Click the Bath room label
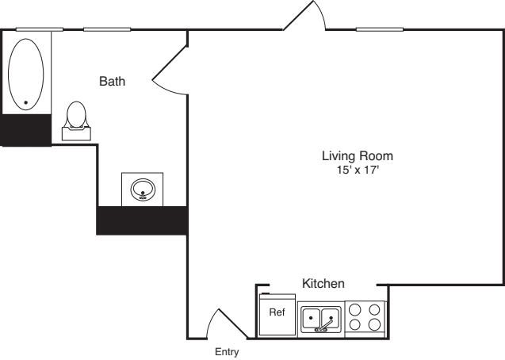point(113,81)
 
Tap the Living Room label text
point(357,155)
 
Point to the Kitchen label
point(323,283)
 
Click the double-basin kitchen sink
point(320,319)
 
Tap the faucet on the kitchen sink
point(323,326)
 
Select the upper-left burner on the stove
point(355,311)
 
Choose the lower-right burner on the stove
point(373,325)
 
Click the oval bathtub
point(25,73)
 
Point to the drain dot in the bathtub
point(26,102)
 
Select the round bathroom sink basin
point(142,190)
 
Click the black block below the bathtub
point(25,130)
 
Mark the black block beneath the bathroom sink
point(142,220)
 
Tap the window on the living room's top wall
point(380,30)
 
